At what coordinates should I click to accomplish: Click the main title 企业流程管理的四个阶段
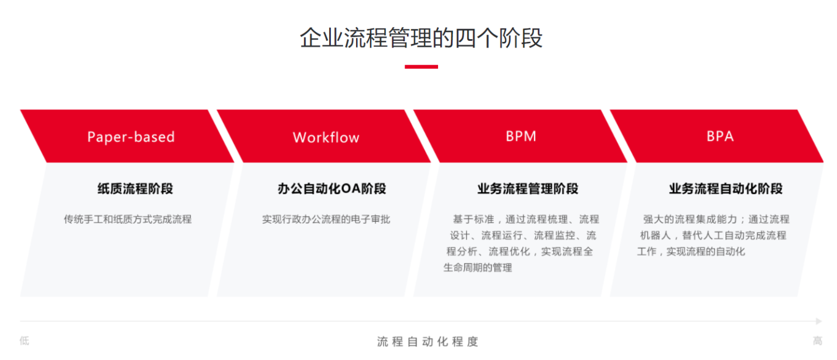click(x=421, y=39)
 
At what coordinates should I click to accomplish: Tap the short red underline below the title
click(x=421, y=66)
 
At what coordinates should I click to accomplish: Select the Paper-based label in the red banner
click(x=131, y=137)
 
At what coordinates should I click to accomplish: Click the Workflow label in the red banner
click(x=326, y=138)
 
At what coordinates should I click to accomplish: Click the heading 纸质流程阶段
click(x=135, y=189)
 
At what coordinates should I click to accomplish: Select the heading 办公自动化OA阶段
click(x=331, y=189)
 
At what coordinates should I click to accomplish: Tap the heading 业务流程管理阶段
click(x=527, y=189)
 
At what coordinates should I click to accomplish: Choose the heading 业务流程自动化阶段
click(x=725, y=189)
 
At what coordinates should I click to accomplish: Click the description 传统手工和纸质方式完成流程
click(x=128, y=219)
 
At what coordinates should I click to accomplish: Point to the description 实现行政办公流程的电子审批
click(x=326, y=219)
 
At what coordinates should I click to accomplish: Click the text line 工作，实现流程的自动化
click(x=691, y=251)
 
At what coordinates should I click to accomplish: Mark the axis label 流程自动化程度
click(x=427, y=342)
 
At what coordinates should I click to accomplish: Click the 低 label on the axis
click(x=25, y=340)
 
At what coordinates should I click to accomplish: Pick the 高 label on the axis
click(x=817, y=340)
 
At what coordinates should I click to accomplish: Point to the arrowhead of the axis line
click(x=819, y=321)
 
